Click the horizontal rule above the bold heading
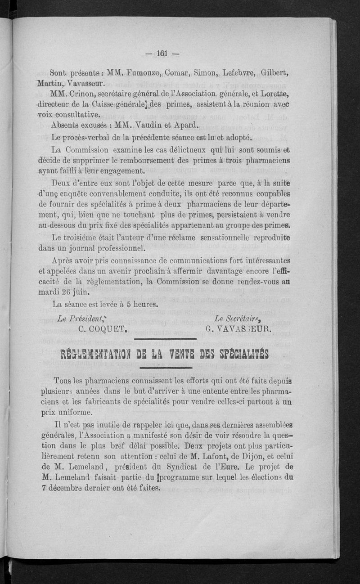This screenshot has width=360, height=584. [165, 339]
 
